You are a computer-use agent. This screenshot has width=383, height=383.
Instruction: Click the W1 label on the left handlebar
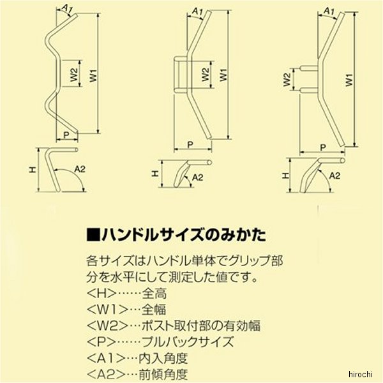pos(93,75)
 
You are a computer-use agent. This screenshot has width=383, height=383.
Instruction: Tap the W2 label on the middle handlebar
pos(206,75)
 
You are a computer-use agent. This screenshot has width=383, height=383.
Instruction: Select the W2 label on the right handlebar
pos(287,80)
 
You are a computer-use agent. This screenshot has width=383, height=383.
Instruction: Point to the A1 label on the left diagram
pos(67,8)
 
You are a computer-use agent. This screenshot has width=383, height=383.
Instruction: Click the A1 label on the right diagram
pos(329,11)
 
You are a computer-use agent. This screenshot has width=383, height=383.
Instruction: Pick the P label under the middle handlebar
pos(190,145)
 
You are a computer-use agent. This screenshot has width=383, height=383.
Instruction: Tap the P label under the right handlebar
pos(323,147)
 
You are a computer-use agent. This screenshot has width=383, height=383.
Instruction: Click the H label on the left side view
pos(33,170)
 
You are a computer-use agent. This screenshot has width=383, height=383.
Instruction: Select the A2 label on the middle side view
pos(197,177)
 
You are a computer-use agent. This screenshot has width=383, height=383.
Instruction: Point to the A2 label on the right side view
pos(334,176)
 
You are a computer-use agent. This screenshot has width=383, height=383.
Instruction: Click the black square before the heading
pos(94,235)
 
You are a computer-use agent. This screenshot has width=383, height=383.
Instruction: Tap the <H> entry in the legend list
pos(101,294)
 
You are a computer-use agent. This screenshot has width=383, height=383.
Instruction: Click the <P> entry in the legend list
pos(101,342)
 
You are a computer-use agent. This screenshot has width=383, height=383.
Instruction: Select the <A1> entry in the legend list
pos(106,358)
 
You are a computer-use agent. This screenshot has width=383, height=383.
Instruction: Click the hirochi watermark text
pos(360,374)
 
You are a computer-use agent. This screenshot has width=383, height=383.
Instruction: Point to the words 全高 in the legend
pos(154,294)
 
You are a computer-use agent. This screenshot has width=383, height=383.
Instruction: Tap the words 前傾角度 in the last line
pos(163,374)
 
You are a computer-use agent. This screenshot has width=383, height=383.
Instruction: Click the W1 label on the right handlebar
pos(350,80)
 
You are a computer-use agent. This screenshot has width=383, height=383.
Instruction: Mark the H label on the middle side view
pos(154,174)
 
